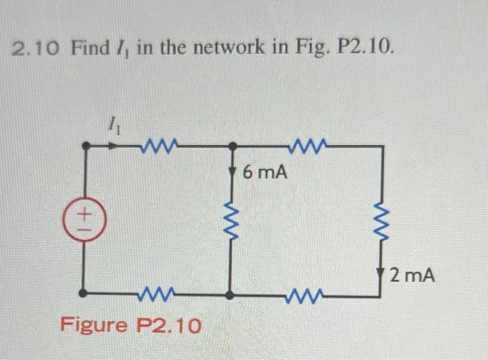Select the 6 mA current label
click(x=265, y=172)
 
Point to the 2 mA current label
click(x=413, y=276)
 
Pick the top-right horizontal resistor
click(x=305, y=146)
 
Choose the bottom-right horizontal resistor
click(x=304, y=294)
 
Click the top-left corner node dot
click(x=84, y=147)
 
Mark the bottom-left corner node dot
click(x=84, y=294)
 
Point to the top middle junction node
click(x=231, y=147)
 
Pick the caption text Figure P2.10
click(x=130, y=325)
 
